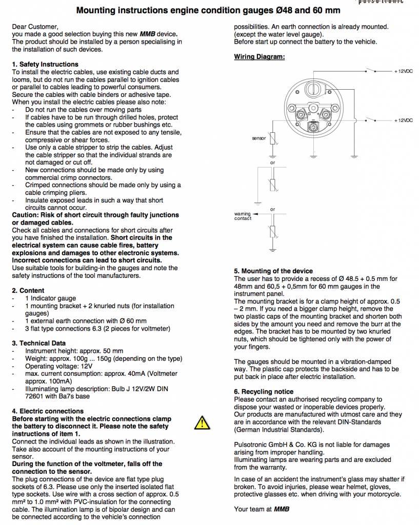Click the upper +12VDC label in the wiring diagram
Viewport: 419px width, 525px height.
tap(404, 71)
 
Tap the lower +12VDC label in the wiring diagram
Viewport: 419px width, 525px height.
tap(404, 120)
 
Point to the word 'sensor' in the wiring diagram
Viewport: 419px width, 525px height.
tap(259, 138)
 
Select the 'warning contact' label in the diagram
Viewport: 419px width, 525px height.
tap(243, 216)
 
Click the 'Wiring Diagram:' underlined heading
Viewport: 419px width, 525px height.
tap(259, 57)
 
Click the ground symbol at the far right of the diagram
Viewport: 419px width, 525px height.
tap(354, 155)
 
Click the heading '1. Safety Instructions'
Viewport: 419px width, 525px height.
tap(45, 65)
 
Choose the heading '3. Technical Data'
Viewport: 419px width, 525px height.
tap(39, 343)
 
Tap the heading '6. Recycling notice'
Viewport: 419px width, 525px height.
tap(264, 392)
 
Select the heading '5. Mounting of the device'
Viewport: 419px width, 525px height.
tap(273, 271)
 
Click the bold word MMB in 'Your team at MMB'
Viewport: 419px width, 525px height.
tap(282, 509)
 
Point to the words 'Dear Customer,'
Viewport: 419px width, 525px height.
tap(35, 26)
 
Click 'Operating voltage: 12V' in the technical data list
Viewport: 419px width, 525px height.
tap(58, 367)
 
